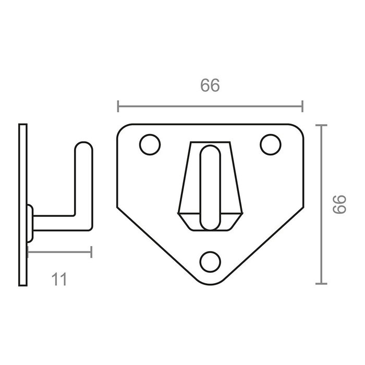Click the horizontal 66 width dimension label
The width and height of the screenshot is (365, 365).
pos(210,86)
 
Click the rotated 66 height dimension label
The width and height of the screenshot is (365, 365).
pos(339,204)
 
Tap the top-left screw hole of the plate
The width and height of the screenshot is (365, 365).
pos(150,145)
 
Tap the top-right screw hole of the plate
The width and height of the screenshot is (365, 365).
pos(270,145)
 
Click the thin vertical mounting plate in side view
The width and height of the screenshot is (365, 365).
pos(22,204)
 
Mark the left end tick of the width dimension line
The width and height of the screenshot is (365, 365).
pos(118,106)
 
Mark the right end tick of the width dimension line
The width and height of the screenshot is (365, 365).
pos(302,106)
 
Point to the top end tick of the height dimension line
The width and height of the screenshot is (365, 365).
pos(321,125)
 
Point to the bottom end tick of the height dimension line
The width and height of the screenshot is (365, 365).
pos(321,284)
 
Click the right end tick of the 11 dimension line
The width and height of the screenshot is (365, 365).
pos(91,252)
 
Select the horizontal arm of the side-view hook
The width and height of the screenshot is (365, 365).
pos(57,223)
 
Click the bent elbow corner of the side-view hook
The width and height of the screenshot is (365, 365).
pos(86,222)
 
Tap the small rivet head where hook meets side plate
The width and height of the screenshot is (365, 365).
pos(31,223)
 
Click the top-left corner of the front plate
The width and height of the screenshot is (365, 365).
pos(121,128)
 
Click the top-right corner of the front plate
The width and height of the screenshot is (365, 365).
pos(299,128)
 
